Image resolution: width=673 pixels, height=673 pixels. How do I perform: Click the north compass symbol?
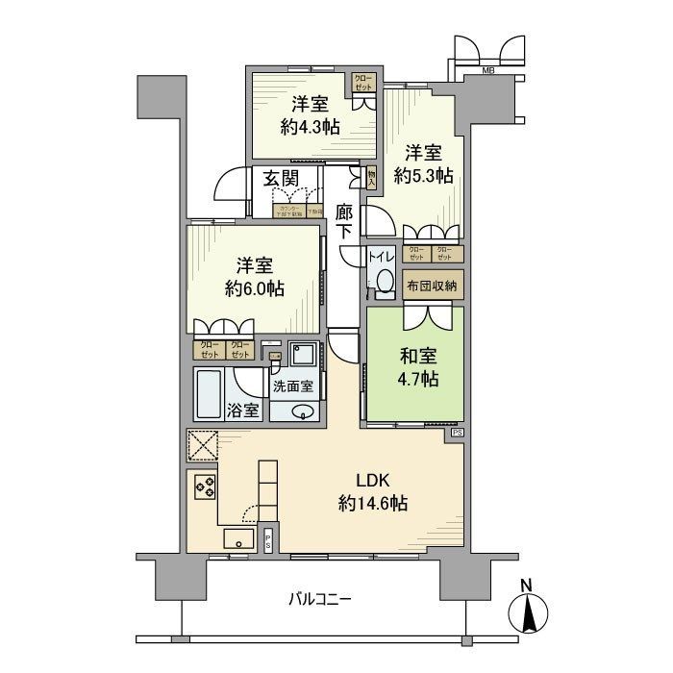coord(526,606)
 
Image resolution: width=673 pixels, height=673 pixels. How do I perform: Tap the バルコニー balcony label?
coord(320,599)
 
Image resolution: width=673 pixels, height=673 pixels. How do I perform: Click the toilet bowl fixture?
coord(386,280)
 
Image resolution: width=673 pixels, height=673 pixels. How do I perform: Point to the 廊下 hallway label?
coord(344,221)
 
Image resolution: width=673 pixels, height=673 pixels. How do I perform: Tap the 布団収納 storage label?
coord(432,285)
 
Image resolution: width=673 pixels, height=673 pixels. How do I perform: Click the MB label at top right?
coord(487,70)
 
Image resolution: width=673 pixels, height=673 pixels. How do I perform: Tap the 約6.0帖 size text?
coord(255,287)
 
